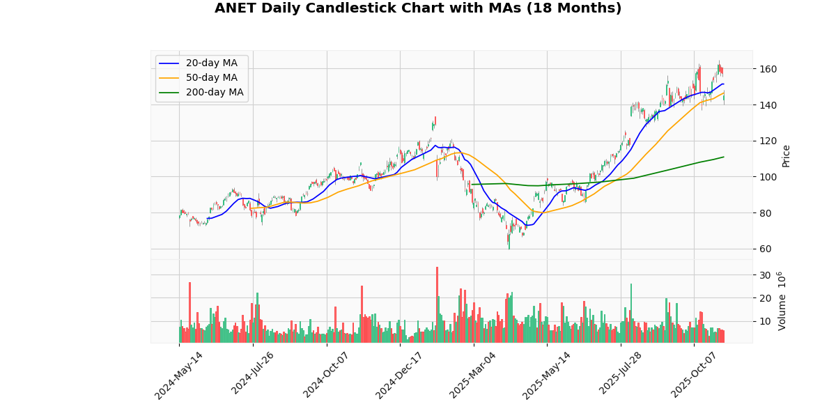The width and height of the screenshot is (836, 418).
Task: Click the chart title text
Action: point(418,8)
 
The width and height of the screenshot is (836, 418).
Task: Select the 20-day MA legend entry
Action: point(211,63)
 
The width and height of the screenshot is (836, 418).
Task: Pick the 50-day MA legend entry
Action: point(211,78)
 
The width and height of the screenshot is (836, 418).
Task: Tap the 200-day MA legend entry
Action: point(214,93)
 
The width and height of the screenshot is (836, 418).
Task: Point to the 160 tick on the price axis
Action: point(768,69)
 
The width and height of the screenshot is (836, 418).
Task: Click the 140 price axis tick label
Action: point(768,105)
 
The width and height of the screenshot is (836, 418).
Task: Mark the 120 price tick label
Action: point(768,141)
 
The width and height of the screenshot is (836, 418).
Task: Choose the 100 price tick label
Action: point(768,177)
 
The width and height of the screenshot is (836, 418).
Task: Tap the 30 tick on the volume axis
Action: point(765,275)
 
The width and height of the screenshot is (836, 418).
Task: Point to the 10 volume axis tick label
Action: point(765,322)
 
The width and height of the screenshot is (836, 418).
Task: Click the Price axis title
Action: point(787,155)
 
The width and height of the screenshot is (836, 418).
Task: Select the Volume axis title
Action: point(782,301)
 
